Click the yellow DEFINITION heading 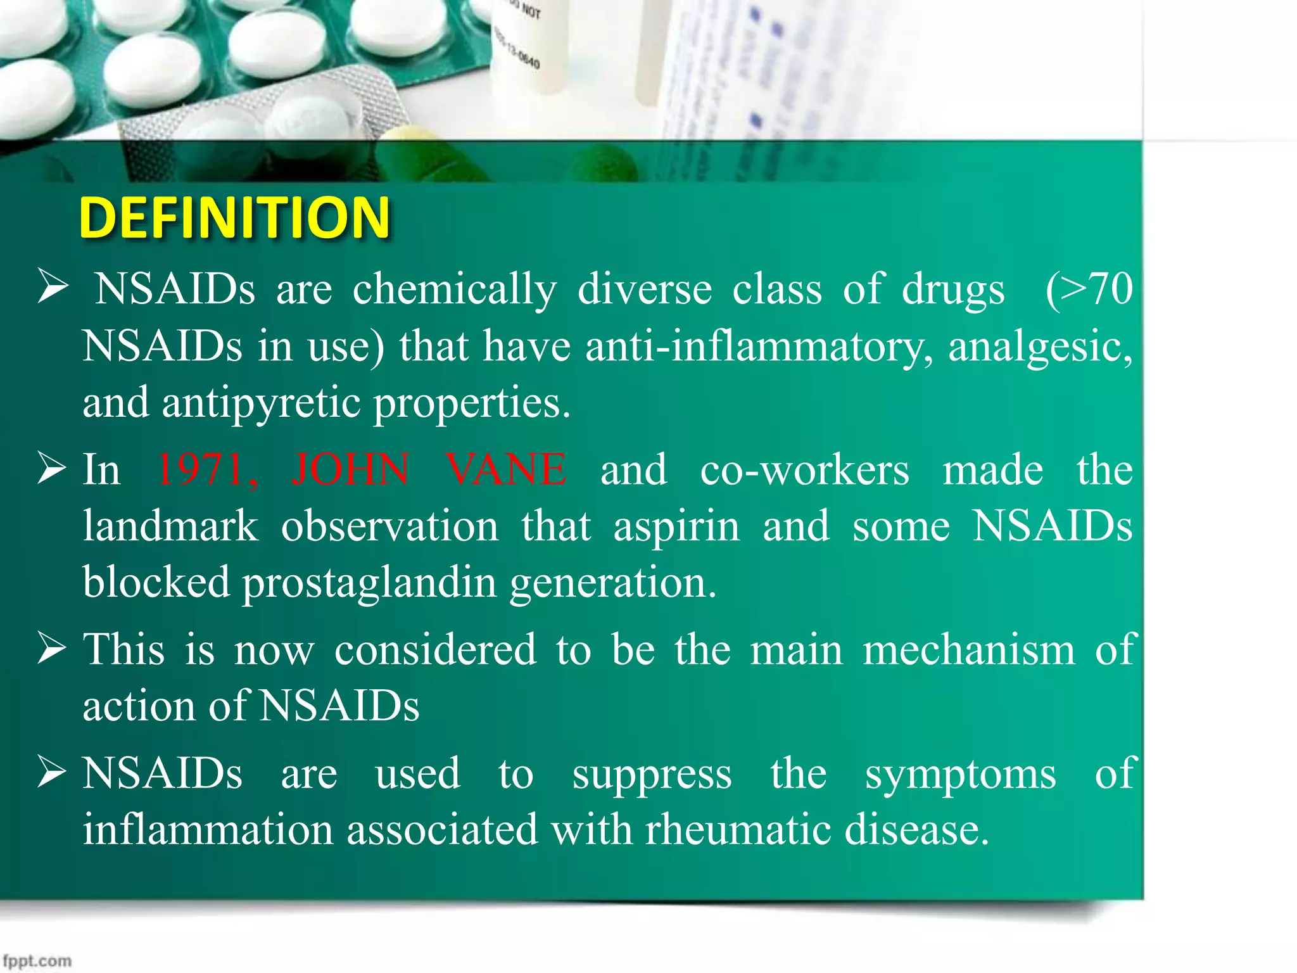(x=234, y=217)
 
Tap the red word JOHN (x=350, y=470)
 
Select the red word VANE (x=505, y=470)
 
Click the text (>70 (x=1089, y=289)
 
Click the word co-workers (x=804, y=470)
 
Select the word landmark (x=170, y=526)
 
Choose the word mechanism (x=969, y=650)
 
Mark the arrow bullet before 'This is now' (x=51, y=649)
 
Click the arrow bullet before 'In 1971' (x=51, y=469)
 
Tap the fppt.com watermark (x=37, y=960)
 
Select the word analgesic (x=1039, y=347)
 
